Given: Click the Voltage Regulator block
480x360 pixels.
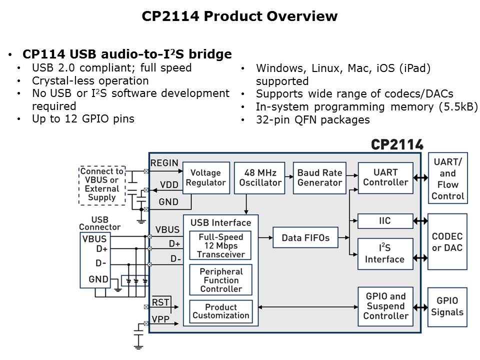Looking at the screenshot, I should pyautogui.click(x=205, y=177).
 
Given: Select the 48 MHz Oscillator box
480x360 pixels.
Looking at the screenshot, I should pyautogui.click(x=259, y=177).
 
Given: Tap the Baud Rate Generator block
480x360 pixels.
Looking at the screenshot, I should pyautogui.click(x=319, y=177).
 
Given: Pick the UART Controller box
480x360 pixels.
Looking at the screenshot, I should pyautogui.click(x=385, y=177).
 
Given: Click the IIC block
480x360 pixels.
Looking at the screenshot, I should pyautogui.click(x=385, y=220).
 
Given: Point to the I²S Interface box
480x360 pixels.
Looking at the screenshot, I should pyautogui.click(x=385, y=254).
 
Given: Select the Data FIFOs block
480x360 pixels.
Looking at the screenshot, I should pyautogui.click(x=305, y=237).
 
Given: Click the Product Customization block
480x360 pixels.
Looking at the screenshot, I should pyautogui.click(x=221, y=311).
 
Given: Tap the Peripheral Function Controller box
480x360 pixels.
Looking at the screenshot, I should pyautogui.click(x=221, y=280).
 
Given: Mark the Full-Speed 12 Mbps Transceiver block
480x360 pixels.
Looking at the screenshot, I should pyautogui.click(x=221, y=245).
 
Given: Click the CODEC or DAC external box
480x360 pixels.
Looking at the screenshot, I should pyautogui.click(x=447, y=242).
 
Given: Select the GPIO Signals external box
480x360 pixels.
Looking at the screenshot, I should pyautogui.click(x=447, y=306).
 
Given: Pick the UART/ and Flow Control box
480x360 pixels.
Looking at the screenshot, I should pyautogui.click(x=447, y=178).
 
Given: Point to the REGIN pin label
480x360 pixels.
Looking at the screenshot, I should pyautogui.click(x=164, y=163).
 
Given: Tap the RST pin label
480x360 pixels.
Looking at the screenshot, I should pyautogui.click(x=160, y=302).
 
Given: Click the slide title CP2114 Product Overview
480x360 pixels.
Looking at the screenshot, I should pyautogui.click(x=239, y=16).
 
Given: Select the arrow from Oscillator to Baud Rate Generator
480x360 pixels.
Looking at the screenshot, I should pyautogui.click(x=288, y=176).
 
